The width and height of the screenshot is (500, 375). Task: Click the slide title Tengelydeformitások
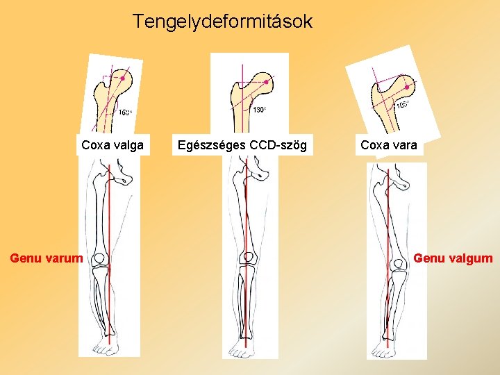[x=223, y=22]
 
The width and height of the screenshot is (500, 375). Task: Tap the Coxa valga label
[x=112, y=145]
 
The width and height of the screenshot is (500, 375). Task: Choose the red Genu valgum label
[x=453, y=258]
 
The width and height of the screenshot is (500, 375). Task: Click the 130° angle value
[x=258, y=110]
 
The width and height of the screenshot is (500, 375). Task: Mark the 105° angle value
[x=403, y=105]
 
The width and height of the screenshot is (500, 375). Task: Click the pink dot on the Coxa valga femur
[x=122, y=78]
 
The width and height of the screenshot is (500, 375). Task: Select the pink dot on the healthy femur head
[x=265, y=81]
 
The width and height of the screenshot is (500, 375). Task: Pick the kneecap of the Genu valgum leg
[x=399, y=265]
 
